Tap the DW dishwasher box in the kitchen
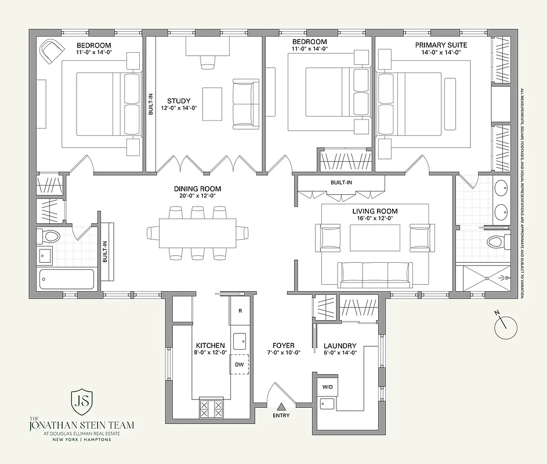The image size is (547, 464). (x=239, y=364)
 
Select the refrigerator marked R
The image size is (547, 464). (x=240, y=311)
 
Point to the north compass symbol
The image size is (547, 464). (x=504, y=326)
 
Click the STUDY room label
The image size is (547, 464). (x=179, y=101)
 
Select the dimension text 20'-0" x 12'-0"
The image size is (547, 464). (x=197, y=196)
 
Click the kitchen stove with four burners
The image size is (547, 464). (x=211, y=408)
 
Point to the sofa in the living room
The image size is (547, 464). (x=375, y=274)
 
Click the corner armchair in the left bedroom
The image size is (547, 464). (x=51, y=51)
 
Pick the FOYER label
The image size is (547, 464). (x=283, y=346)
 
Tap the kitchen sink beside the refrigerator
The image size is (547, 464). (x=240, y=339)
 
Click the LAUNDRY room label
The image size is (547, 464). (x=340, y=346)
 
